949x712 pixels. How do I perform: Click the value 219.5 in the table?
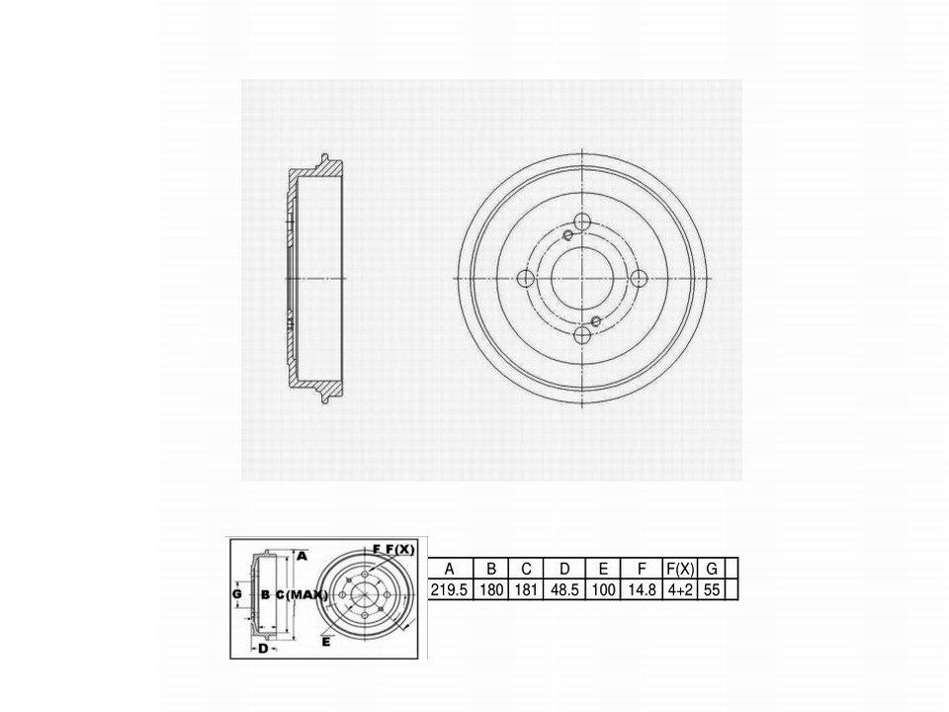pos(449,589)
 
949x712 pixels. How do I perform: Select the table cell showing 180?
pos(491,589)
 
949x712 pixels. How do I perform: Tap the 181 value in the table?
pos(525,589)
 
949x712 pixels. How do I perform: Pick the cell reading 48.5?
pos(564,589)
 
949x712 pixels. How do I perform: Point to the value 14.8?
pos(642,589)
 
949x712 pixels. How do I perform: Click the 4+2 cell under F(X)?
pos(680,589)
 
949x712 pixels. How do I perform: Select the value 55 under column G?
pos(712,589)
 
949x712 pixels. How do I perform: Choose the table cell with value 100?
pos(603,589)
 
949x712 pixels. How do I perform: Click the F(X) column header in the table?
pos(680,569)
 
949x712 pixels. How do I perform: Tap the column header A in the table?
pos(449,569)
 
